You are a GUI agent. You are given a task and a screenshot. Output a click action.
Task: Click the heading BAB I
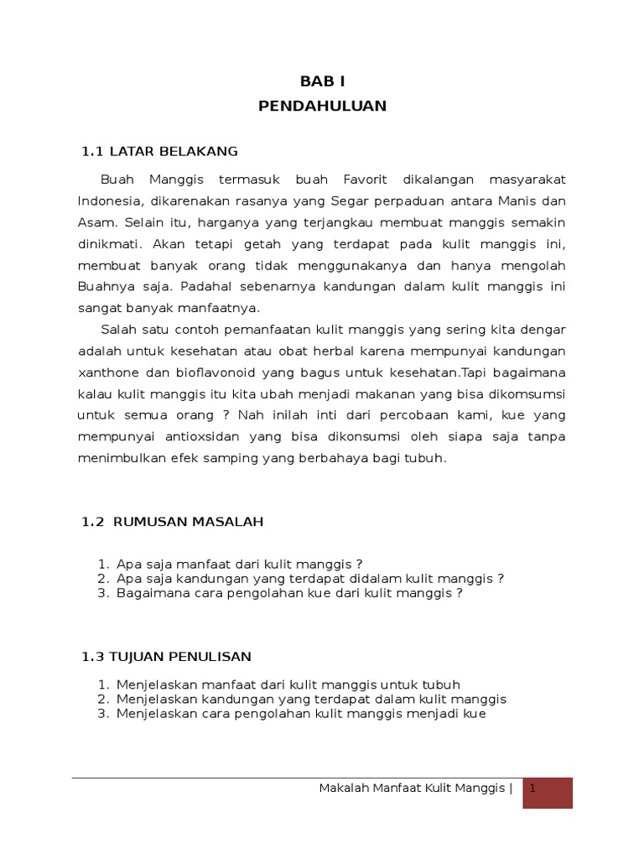click(x=323, y=81)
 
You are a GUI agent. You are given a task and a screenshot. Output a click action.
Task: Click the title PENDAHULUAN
click(x=323, y=106)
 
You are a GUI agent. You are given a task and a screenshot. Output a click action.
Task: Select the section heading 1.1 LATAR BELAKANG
click(x=159, y=151)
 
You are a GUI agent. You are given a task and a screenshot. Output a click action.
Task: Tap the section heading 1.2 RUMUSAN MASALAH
click(x=173, y=522)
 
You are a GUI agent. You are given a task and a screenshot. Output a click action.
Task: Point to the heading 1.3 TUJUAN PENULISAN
click(x=166, y=656)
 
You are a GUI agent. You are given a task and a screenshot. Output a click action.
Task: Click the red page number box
click(x=548, y=792)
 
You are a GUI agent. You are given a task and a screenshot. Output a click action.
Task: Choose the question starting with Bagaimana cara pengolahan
click(x=290, y=592)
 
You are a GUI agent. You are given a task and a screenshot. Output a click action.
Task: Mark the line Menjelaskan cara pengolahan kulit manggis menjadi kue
click(x=301, y=714)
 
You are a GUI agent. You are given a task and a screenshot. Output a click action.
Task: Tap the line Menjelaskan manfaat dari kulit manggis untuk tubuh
click(x=288, y=685)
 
